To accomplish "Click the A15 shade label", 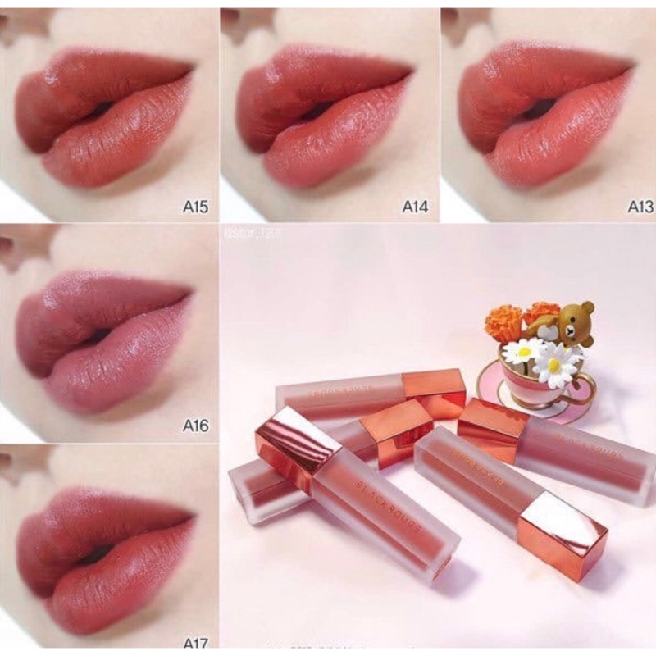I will [195, 207].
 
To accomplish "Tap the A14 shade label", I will [416, 207].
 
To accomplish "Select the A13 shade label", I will [640, 207].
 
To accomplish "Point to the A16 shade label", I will [195, 426].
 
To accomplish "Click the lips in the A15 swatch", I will [102, 119].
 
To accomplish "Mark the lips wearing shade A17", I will [102, 553].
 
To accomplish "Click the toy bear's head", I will [576, 316].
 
